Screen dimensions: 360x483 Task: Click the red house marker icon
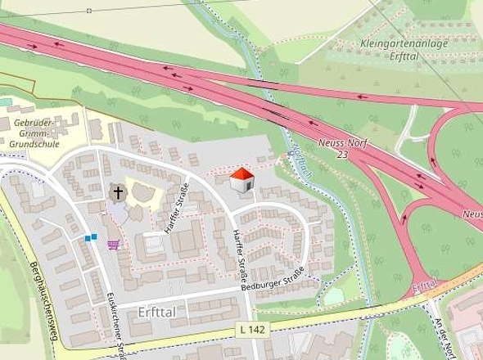tap(241, 182)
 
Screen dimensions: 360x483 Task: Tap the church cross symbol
tap(118, 193)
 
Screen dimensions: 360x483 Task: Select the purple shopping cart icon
tap(113, 243)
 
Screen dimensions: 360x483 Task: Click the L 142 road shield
tap(253, 329)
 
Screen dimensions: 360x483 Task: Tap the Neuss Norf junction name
tap(341, 141)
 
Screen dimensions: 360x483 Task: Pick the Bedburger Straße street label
tap(273, 279)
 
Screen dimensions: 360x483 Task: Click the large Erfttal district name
tap(162, 311)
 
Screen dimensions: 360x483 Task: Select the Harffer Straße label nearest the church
tap(174, 210)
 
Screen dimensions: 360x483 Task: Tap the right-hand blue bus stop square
tap(94, 237)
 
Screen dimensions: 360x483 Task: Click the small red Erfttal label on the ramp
tap(426, 286)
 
